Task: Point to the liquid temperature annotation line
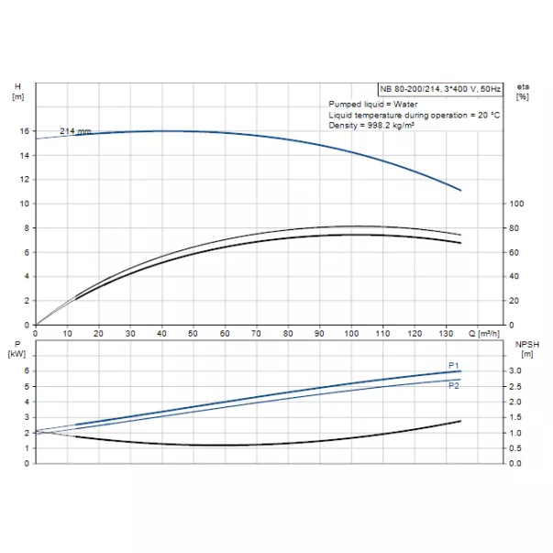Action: coord(414,115)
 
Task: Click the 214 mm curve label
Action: coord(76,132)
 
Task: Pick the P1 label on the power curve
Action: coord(453,365)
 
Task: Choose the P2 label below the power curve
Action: coord(453,386)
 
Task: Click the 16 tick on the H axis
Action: coord(24,131)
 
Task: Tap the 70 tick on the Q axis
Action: coord(256,333)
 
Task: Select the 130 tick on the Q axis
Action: coord(446,333)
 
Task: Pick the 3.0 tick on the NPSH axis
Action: coord(516,371)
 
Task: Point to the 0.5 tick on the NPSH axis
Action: coord(516,448)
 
